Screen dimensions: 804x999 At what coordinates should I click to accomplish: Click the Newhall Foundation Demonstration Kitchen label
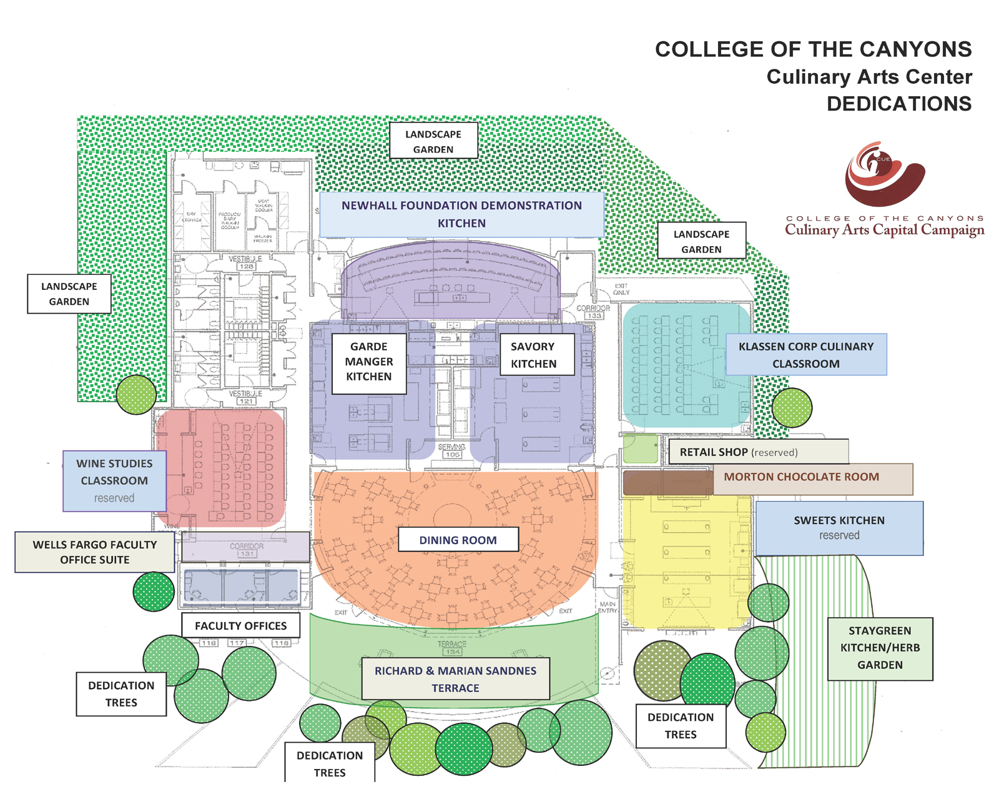[461, 214]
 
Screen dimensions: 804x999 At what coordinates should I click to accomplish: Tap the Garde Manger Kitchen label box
[369, 362]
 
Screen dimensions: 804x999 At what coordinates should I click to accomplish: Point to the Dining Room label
[458, 540]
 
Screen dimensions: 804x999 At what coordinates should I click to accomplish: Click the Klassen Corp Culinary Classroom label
[805, 355]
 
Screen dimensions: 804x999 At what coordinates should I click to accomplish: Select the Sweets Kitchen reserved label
[839, 528]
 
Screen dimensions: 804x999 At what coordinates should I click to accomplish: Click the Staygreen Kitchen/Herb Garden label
[879, 648]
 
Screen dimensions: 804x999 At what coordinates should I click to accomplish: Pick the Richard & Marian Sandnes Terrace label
[455, 679]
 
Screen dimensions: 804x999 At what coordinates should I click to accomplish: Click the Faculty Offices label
[240, 625]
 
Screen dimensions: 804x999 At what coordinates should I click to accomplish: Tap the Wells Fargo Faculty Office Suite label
[95, 552]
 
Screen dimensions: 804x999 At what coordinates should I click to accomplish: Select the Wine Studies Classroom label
[114, 480]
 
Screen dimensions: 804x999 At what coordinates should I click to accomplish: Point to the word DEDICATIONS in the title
[898, 104]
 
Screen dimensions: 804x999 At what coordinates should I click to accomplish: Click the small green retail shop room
[640, 449]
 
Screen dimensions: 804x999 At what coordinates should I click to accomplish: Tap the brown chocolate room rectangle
[667, 482]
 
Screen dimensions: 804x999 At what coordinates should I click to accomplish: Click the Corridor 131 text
[247, 550]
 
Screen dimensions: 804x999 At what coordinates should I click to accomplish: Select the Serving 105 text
[451, 450]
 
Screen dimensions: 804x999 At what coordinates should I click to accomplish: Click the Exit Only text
[621, 289]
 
